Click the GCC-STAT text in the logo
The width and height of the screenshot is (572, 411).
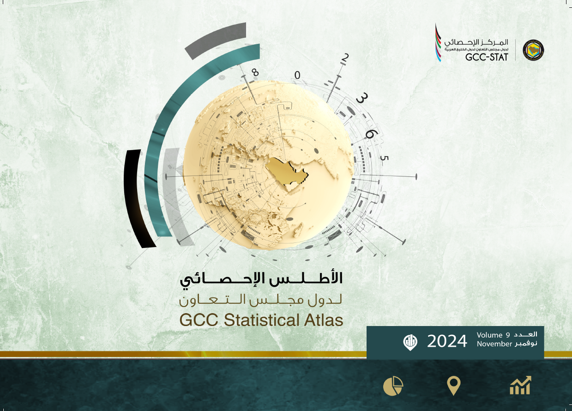487,57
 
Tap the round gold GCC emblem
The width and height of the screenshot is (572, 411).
533,50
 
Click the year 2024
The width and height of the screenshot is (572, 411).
447,341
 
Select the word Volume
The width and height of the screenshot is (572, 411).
489,335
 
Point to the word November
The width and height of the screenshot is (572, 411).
494,344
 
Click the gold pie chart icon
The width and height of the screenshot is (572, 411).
393,386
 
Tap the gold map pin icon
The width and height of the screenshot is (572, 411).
454,386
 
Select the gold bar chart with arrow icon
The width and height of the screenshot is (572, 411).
520,385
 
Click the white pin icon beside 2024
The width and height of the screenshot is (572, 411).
410,342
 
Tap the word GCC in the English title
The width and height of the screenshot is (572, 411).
199,320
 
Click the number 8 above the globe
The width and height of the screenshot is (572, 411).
255,73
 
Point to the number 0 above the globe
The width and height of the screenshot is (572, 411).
297,75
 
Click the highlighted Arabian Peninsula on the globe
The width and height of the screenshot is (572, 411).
287,170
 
